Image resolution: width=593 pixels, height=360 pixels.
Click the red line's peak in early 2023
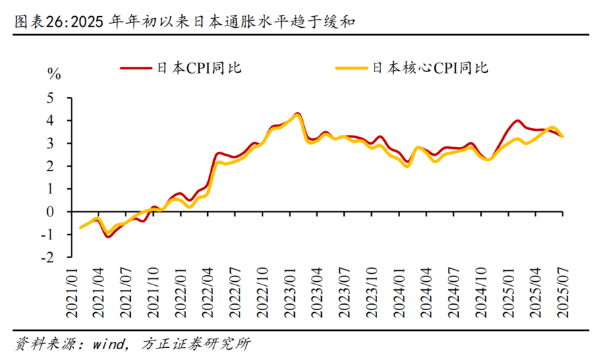coord(298,113)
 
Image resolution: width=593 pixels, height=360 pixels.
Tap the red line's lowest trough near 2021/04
coord(108,237)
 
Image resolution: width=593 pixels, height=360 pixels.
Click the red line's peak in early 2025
coord(517,121)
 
